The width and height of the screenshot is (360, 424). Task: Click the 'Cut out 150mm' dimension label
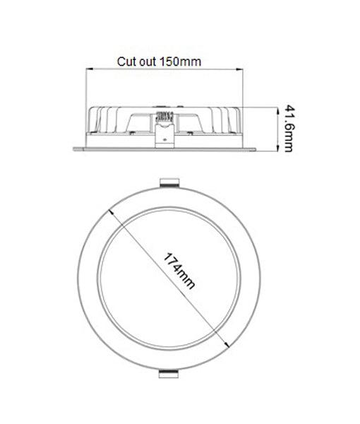[x=159, y=61]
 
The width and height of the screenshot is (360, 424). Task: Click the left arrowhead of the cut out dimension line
[x=88, y=69]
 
